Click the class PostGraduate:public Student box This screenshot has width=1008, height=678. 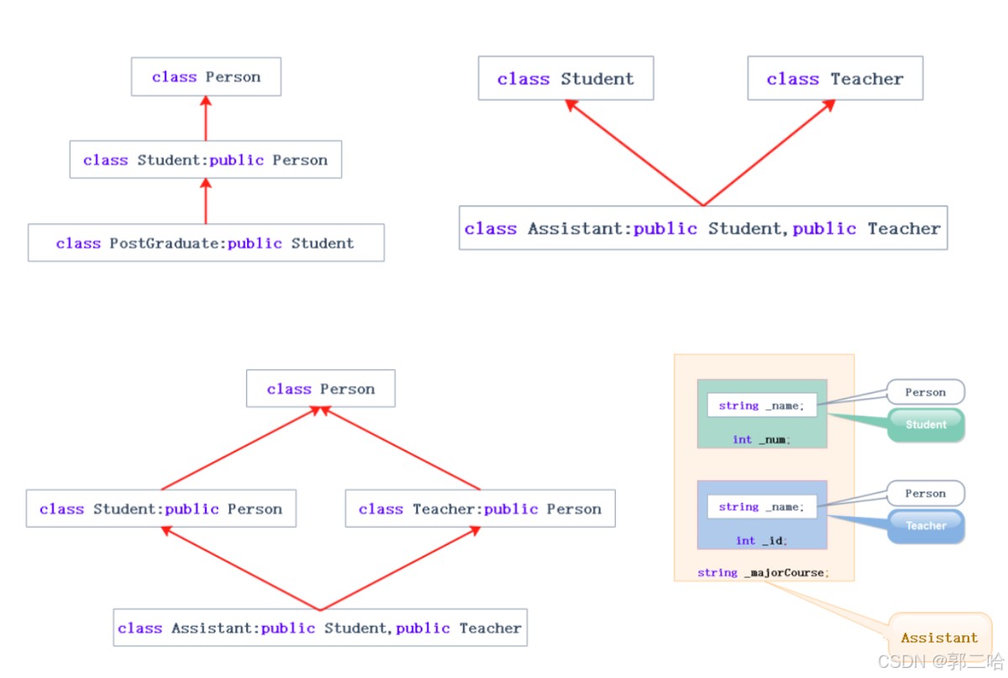pos(206,243)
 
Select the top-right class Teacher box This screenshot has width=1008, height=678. pos(835,78)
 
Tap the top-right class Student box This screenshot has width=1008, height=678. pos(566,78)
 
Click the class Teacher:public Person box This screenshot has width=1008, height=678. pos(480,508)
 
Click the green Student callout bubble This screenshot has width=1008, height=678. pos(926,425)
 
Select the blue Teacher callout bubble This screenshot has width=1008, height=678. pos(926,526)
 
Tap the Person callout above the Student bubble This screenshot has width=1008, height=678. pos(926,392)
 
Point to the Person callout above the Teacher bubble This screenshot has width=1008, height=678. pos(926,493)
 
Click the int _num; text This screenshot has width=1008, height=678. pos(761,440)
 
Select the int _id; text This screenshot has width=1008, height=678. pos(761,541)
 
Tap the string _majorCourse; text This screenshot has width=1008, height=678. pos(764,573)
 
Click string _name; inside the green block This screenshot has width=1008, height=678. pos(761,405)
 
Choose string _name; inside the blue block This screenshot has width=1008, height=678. pos(761,507)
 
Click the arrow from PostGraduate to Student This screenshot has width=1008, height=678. pos(206,201)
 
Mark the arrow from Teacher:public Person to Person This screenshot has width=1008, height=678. pos(401,448)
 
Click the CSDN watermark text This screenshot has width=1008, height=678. pos(941,662)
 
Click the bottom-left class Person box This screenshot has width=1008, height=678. pos(321,389)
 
